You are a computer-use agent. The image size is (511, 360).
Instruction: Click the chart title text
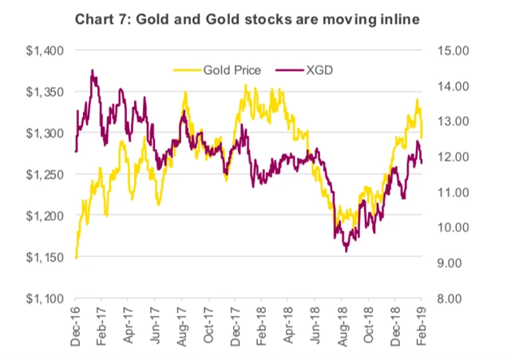point(255,18)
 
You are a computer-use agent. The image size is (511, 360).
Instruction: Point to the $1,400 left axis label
point(45,51)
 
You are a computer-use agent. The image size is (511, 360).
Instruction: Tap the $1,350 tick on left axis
point(45,92)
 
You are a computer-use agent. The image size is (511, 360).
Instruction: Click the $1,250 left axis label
point(45,175)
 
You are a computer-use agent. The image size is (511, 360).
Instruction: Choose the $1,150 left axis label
point(45,257)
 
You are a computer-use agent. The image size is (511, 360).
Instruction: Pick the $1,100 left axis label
point(45,299)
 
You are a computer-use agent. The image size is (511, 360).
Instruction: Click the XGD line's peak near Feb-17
point(93,70)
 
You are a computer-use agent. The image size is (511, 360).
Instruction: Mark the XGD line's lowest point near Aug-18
point(347,251)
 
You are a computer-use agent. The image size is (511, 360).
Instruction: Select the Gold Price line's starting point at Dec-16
point(76,257)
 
